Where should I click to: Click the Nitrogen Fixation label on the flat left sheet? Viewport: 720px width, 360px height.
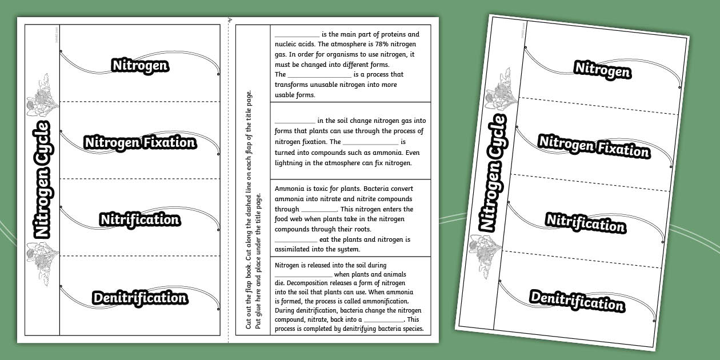pyautogui.click(x=140, y=142)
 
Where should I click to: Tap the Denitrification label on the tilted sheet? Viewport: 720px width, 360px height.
pyautogui.click(x=577, y=301)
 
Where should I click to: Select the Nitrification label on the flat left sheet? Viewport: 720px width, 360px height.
pyautogui.click(x=140, y=219)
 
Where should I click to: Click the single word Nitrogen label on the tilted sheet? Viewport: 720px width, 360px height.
pyautogui.click(x=602, y=70)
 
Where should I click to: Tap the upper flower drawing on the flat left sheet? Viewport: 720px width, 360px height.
pyautogui.click(x=42, y=97)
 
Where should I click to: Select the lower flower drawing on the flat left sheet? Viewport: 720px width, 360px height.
pyautogui.click(x=42, y=259)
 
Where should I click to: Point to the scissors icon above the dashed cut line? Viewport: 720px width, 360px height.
pyautogui.click(x=230, y=21)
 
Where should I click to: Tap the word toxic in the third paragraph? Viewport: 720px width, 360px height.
pyautogui.click(x=325, y=189)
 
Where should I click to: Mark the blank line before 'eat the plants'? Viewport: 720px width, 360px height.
pyautogui.click(x=295, y=240)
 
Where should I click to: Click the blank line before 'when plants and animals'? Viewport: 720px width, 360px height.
pyautogui.click(x=303, y=275)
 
